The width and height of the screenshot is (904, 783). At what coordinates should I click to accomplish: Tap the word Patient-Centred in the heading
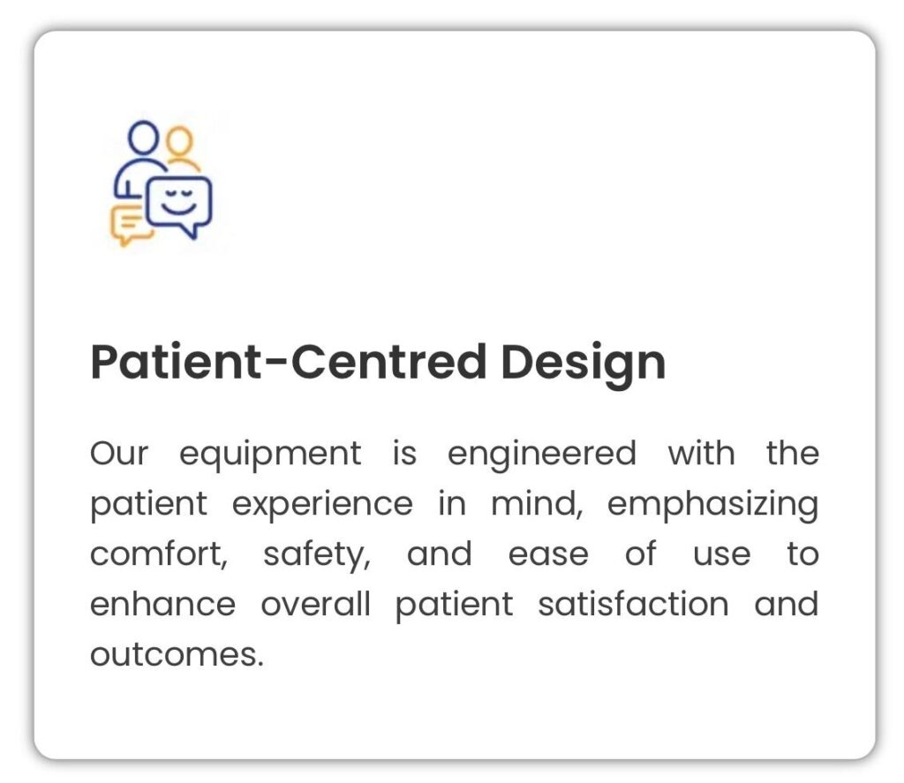pos(289,361)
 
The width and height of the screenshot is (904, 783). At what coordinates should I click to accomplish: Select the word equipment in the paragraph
pos(270,455)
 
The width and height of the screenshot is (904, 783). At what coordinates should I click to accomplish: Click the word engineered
pos(542,455)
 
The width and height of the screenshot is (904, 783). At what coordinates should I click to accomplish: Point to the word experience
pos(322,506)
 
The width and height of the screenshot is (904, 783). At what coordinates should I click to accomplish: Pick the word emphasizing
pos(712,506)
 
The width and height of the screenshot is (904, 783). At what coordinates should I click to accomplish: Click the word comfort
pos(159,554)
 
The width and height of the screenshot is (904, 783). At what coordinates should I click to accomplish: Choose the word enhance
pos(163,605)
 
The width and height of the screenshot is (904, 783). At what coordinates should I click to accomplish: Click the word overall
pos(315,605)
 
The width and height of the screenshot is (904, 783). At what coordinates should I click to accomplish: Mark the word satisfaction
pos(634,605)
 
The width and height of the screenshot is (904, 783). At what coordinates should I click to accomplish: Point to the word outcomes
pos(177,656)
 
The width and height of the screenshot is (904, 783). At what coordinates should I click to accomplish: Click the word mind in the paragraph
pos(538,505)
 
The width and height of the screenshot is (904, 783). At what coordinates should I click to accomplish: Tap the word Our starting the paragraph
pos(119,454)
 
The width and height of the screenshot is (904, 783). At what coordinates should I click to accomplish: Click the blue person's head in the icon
pos(143,137)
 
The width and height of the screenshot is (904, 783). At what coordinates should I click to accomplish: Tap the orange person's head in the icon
pos(179,140)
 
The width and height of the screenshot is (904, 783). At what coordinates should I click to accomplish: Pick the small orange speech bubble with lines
pos(131,223)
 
